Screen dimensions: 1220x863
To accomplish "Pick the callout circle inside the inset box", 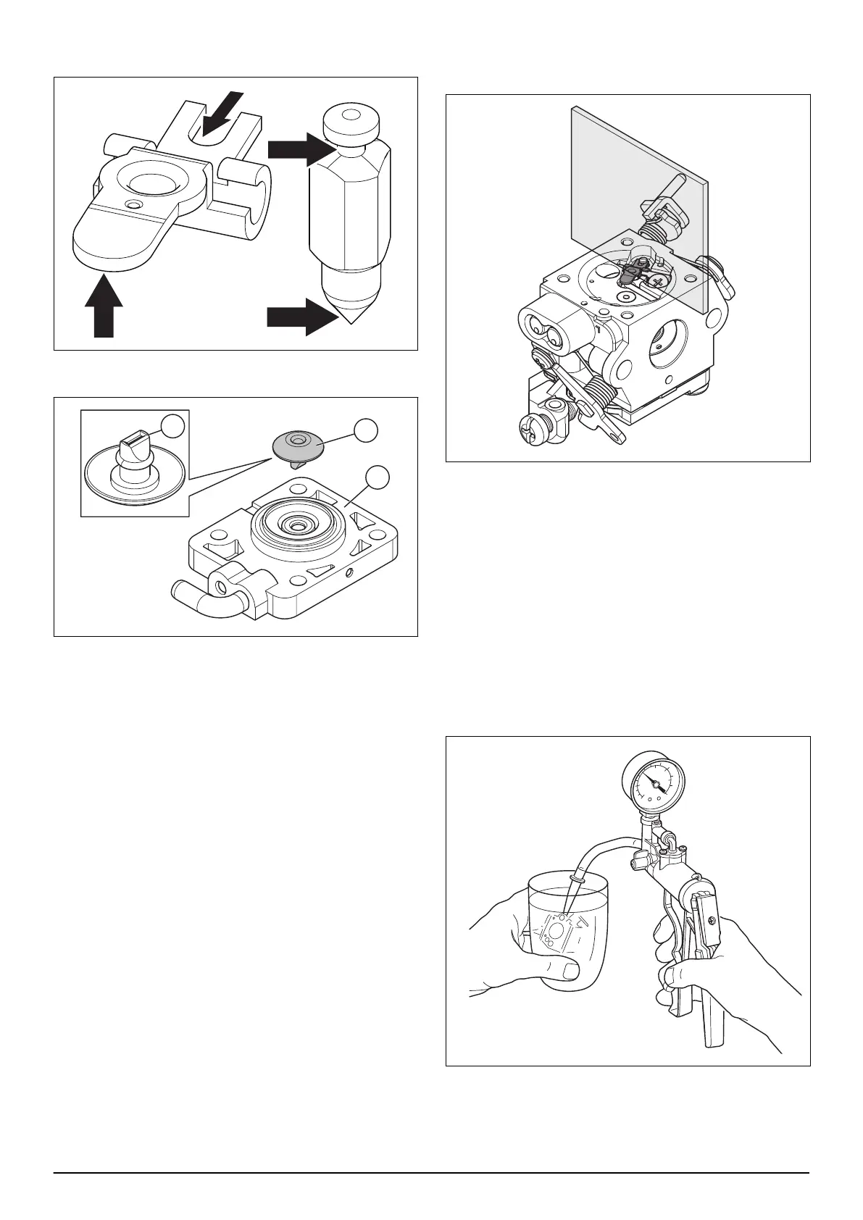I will click(172, 427).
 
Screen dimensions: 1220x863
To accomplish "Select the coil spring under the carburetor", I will click(600, 396).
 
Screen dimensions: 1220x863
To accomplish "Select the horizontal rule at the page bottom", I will click(431, 1173).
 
